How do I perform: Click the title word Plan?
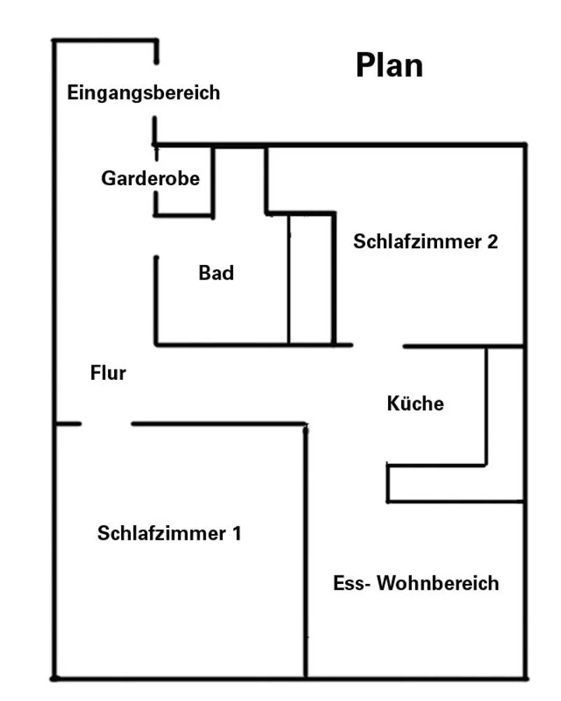[389, 65]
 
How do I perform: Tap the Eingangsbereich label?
[144, 93]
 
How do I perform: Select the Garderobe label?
[151, 178]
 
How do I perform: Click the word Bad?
[216, 273]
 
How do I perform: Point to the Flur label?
[108, 373]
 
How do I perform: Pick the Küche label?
[415, 403]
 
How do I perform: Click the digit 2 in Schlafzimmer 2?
[492, 241]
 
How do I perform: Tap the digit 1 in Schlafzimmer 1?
[236, 533]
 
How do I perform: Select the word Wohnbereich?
[438, 583]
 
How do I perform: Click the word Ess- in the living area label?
[352, 583]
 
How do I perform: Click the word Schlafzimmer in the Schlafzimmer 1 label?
[162, 533]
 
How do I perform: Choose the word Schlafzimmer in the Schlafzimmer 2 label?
[417, 241]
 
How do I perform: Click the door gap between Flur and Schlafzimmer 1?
[106, 423]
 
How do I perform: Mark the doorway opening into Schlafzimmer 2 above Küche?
[378, 346]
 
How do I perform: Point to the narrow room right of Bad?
[311, 280]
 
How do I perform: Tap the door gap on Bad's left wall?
[156, 236]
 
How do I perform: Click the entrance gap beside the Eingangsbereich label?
[156, 90]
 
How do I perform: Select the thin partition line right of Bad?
[289, 280]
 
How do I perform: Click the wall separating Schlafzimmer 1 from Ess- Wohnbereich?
[306, 551]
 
